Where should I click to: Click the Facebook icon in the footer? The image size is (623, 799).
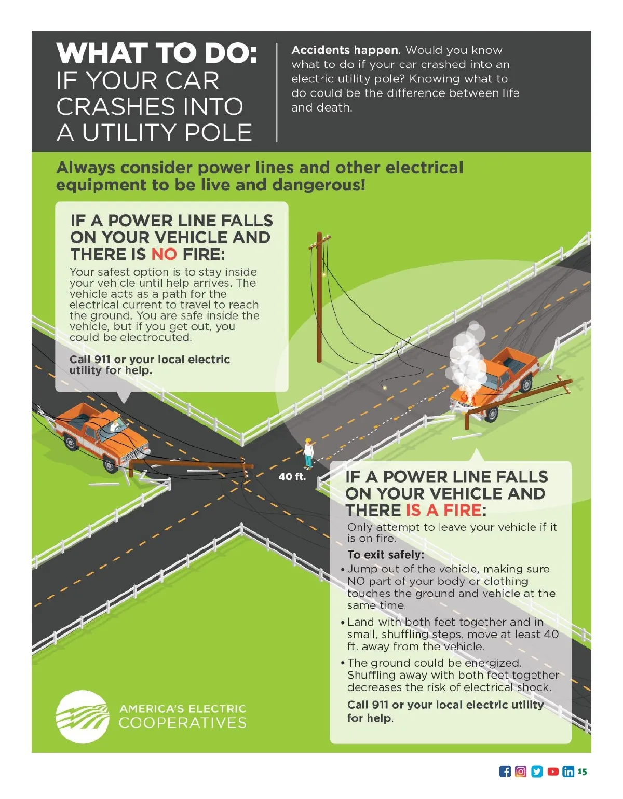point(505,772)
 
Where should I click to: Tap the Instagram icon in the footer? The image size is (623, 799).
point(520,772)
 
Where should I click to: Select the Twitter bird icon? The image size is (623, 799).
point(537,772)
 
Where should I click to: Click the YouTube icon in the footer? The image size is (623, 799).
point(553,772)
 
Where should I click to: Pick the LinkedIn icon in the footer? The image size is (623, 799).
point(568,772)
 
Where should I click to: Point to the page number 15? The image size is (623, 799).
point(582,771)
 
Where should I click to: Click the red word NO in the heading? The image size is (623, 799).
point(164,254)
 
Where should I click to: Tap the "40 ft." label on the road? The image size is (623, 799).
point(292,477)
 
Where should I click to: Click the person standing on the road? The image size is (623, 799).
point(308,453)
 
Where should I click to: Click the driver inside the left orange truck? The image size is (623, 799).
point(115,425)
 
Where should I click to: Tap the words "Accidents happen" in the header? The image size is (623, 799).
point(345,50)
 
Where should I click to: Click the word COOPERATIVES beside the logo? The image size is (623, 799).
point(182,723)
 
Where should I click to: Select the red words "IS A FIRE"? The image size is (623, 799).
point(443,510)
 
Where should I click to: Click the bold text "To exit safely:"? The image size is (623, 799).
point(386,554)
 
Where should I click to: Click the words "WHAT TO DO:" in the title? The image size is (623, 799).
point(157,53)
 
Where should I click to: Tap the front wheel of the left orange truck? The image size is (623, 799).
point(110,465)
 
